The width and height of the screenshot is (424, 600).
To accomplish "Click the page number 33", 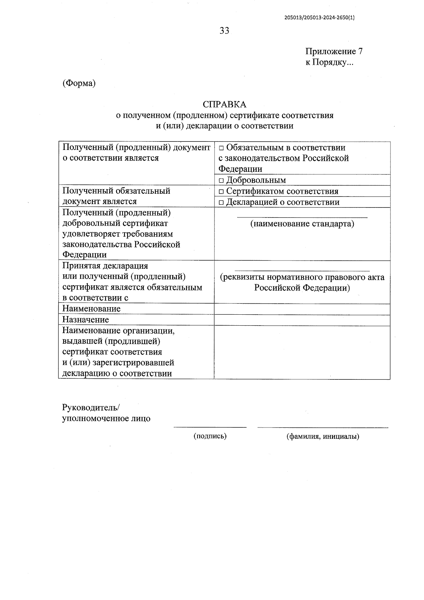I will pyautogui.click(x=224, y=31).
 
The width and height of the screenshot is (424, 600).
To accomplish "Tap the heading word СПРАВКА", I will pyautogui.click(x=224, y=105).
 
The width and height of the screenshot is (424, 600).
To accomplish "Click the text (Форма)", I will pyautogui.click(x=79, y=83).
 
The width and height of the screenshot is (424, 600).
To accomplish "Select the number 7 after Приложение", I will pyautogui.click(x=360, y=52).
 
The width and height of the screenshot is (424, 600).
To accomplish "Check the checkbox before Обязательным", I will pyautogui.click(x=221, y=148).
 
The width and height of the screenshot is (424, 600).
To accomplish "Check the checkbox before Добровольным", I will pyautogui.click(x=221, y=181).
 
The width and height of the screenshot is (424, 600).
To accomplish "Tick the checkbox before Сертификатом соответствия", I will pyautogui.click(x=221, y=192).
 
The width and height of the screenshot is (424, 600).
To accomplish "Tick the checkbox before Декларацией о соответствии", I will pyautogui.click(x=221, y=203).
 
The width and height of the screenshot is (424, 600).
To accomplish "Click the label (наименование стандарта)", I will pyautogui.click(x=302, y=224).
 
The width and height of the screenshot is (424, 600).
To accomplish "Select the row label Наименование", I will pyautogui.click(x=92, y=309).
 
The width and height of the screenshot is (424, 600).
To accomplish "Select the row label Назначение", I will pyautogui.click(x=86, y=320).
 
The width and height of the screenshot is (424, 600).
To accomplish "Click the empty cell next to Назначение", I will pyautogui.click(x=302, y=320).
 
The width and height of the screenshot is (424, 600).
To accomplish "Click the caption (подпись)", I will pyautogui.click(x=210, y=436).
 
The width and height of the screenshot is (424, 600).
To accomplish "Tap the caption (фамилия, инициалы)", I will pyautogui.click(x=323, y=436).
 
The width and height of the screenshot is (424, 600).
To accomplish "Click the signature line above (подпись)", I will pyautogui.click(x=210, y=427).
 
